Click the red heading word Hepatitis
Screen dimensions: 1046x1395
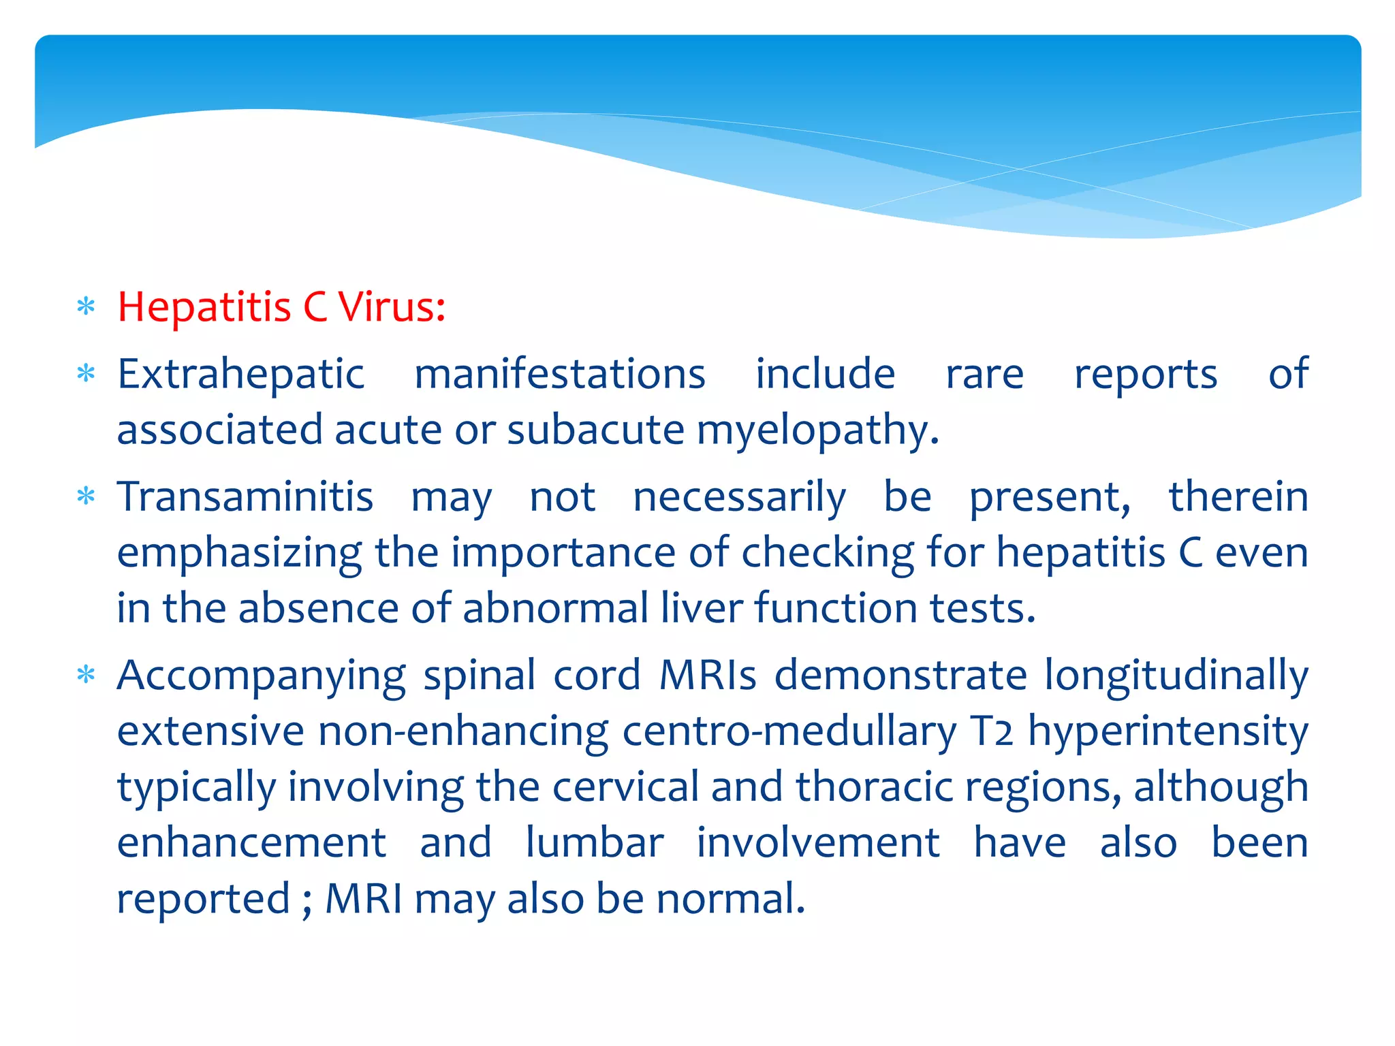point(204,308)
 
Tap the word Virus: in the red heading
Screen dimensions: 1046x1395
point(392,306)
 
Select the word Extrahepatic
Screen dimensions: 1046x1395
point(241,375)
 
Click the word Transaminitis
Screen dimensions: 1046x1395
point(245,496)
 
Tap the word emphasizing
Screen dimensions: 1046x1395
point(239,554)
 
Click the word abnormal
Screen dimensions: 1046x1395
point(555,607)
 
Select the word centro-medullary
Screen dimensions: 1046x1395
point(789,732)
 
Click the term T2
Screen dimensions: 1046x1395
point(992,732)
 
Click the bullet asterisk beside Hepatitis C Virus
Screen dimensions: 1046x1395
point(86,307)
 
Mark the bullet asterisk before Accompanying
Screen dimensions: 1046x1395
point(86,676)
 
